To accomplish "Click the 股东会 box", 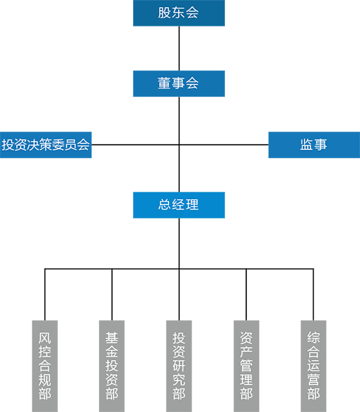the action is coord(179,13).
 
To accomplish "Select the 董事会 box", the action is coord(179,84).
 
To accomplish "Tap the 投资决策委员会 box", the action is coord(46,145).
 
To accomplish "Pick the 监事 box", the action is coord(314,145).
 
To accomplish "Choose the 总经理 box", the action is coord(179,205).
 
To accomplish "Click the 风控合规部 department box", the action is coord(45,366).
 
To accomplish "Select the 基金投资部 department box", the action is coord(112,366).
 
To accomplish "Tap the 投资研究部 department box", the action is coord(179,366).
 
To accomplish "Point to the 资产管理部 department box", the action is coord(246,366).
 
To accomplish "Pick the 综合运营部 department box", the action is coord(314,366).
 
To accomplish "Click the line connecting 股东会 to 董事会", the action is coord(179,48).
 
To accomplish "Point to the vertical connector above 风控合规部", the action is coord(45,294).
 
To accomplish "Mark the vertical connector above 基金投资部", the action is coord(112,294).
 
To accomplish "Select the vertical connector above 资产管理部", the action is coord(246,294).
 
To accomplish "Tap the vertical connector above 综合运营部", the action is coord(313,294).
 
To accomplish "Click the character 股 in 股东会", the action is coord(165,13).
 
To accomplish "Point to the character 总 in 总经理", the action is coord(165,204).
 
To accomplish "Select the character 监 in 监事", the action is coord(307,145).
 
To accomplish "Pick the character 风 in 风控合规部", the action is coord(45,338).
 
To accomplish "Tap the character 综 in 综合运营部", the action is coord(314,338).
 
